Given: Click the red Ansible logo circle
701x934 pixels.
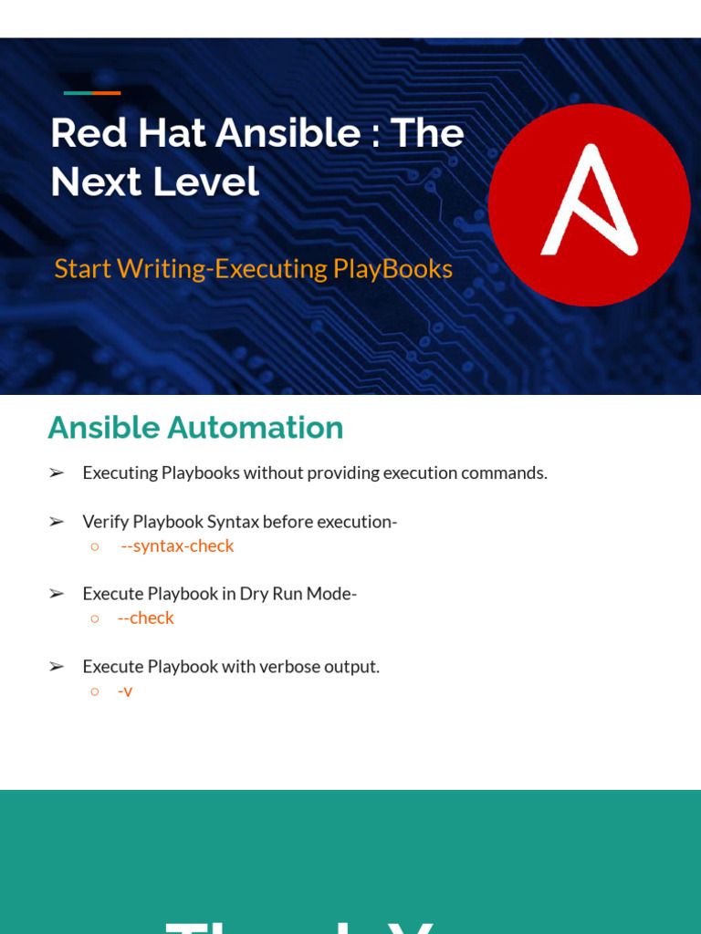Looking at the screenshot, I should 589,204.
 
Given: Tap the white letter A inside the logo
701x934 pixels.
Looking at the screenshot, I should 589,201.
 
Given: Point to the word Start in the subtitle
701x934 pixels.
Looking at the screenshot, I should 82,268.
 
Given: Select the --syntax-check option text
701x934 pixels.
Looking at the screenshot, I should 177,545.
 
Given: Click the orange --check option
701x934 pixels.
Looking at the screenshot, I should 145,617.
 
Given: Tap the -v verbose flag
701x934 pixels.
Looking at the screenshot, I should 125,690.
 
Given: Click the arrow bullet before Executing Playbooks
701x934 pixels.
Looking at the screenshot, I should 57,472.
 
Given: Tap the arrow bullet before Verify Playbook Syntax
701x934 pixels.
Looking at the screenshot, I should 57,522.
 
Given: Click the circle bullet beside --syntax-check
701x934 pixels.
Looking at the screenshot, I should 94,546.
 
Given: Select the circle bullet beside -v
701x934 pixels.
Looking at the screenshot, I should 94,691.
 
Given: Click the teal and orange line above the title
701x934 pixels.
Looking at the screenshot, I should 92,93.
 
